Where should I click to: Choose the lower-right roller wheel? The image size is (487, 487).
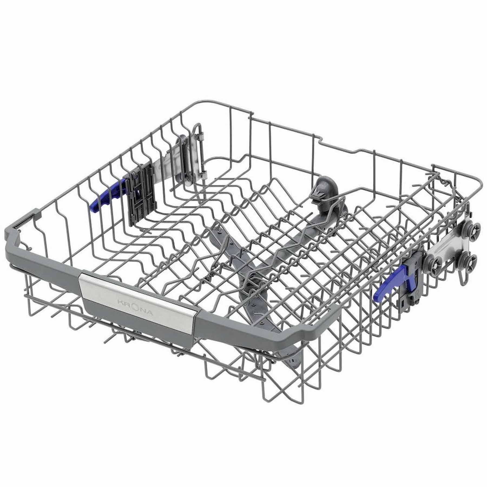tap(471, 262)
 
